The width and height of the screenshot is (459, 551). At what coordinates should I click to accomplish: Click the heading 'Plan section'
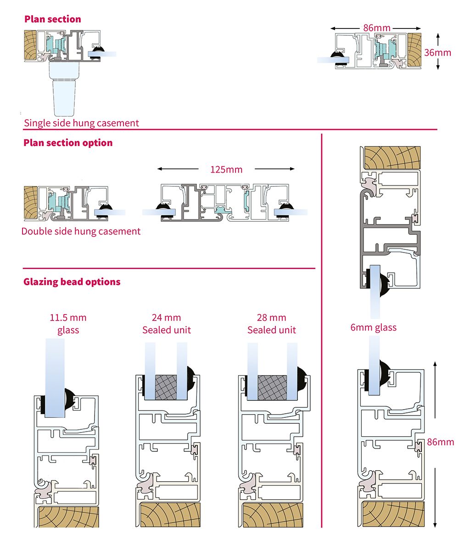click(x=52, y=19)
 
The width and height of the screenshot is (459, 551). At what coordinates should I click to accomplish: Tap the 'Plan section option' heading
click(x=68, y=143)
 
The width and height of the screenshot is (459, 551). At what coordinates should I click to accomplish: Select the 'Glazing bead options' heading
click(x=72, y=281)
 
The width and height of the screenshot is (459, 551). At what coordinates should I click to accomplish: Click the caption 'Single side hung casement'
click(x=81, y=123)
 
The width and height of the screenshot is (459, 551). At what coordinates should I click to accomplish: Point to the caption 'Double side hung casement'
click(x=81, y=231)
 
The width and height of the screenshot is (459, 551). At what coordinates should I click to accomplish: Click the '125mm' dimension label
click(x=226, y=169)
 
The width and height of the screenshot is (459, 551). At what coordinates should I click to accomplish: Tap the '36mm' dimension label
click(x=437, y=52)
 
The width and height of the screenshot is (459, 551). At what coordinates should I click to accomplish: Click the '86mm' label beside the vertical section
click(x=440, y=442)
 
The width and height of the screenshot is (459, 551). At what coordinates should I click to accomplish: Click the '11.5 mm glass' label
click(x=68, y=324)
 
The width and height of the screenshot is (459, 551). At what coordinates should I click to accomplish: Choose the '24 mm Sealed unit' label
click(x=167, y=324)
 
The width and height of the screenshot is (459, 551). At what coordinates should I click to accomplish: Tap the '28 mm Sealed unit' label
click(x=272, y=324)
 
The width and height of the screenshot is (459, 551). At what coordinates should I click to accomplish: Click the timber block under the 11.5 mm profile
click(x=68, y=517)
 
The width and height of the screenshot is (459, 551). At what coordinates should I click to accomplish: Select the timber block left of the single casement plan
click(x=30, y=45)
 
